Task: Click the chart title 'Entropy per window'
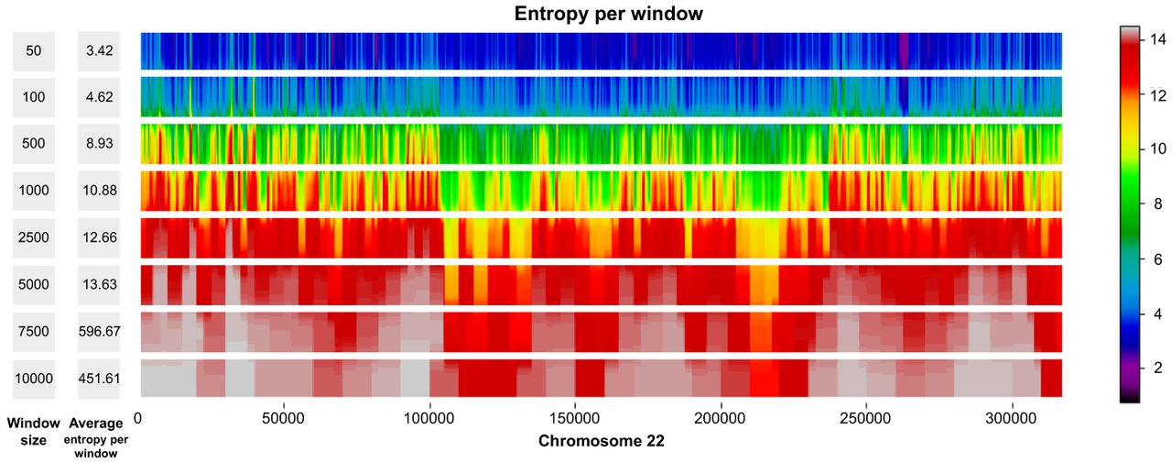click(608, 14)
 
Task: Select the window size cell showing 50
click(34, 51)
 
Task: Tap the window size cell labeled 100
click(34, 96)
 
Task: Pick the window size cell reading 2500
click(34, 237)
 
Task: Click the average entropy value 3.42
click(99, 51)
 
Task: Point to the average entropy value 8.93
click(99, 144)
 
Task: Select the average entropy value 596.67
click(99, 331)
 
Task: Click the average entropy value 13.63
click(99, 284)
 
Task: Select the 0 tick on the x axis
click(138, 416)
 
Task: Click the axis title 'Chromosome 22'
click(601, 441)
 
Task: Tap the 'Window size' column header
click(34, 432)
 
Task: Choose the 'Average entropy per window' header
click(99, 435)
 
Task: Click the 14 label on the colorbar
click(1156, 39)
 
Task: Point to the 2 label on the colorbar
click(1156, 368)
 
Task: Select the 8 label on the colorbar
click(1156, 204)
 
